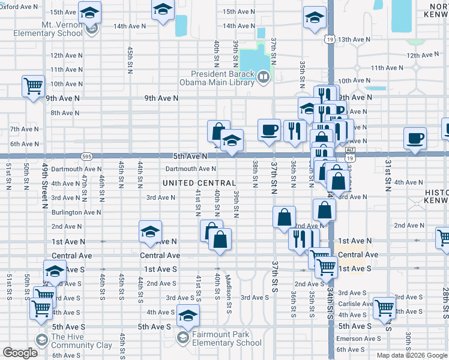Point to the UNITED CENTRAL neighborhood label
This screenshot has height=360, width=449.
point(199,182)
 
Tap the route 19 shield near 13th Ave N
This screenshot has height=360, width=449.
point(330,38)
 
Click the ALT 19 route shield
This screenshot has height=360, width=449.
point(351,153)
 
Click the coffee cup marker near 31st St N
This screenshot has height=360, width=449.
point(415,138)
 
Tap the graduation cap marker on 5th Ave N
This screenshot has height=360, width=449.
point(231,140)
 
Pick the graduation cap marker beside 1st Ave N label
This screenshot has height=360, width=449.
point(150,232)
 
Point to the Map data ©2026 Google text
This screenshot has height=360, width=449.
point(411,355)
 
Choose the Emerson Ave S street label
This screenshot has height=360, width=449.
point(357,338)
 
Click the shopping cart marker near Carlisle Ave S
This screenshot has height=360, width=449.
point(384,307)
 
